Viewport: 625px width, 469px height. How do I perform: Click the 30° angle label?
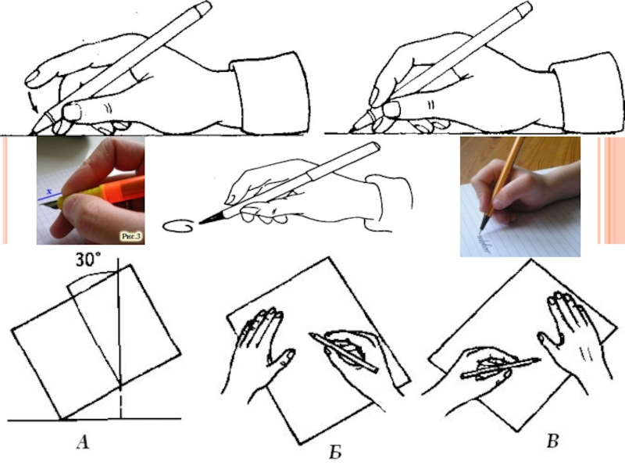[x=88, y=260]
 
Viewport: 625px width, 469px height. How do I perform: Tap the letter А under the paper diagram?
[x=83, y=442]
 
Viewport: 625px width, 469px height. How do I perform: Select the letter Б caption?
[x=335, y=453]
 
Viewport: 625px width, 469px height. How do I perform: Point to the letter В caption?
[x=553, y=441]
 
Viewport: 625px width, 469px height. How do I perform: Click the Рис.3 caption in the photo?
[x=131, y=237]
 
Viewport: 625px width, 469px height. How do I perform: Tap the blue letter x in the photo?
[x=49, y=192]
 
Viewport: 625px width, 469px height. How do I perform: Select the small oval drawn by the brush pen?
[x=179, y=226]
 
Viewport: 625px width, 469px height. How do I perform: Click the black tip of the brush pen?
[x=210, y=218]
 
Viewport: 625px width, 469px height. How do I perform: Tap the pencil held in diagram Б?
[x=344, y=353]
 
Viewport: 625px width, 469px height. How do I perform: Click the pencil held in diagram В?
[x=501, y=368]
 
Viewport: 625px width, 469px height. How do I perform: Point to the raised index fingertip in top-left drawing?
[x=34, y=78]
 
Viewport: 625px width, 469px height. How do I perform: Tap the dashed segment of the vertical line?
[x=120, y=403]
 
